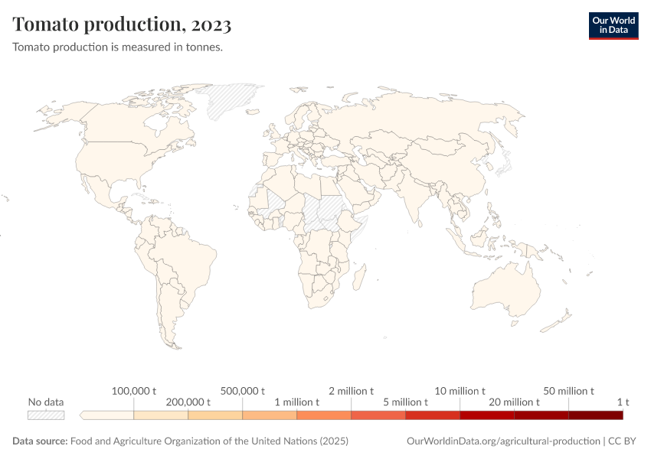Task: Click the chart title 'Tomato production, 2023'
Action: pyautogui.click(x=122, y=24)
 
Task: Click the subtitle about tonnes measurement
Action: pyautogui.click(x=117, y=47)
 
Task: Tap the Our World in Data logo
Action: pyautogui.click(x=613, y=24)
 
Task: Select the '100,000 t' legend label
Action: pyautogui.click(x=134, y=391)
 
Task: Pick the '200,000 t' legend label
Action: pyautogui.click(x=188, y=402)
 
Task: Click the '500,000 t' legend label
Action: pyautogui.click(x=243, y=391)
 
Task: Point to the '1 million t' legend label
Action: pyautogui.click(x=297, y=402)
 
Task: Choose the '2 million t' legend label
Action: pyautogui.click(x=352, y=391)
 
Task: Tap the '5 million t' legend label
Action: pyautogui.click(x=406, y=402)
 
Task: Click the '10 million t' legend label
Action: pyautogui.click(x=460, y=391)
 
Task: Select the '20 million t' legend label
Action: pyautogui.click(x=515, y=402)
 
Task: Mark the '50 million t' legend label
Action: pyautogui.click(x=569, y=391)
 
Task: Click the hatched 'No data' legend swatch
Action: pyautogui.click(x=46, y=415)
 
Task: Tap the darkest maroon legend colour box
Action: pyautogui.click(x=596, y=415)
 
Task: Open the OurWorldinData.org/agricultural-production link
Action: pyautogui.click(x=505, y=441)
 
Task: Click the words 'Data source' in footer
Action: pyautogui.click(x=40, y=441)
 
